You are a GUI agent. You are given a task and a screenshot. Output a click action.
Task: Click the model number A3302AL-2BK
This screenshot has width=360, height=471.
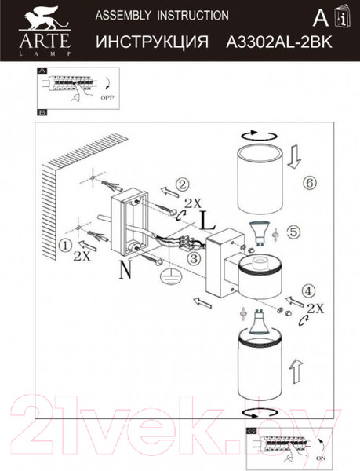279,42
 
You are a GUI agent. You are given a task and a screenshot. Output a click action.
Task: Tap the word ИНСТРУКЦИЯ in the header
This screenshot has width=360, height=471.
152,42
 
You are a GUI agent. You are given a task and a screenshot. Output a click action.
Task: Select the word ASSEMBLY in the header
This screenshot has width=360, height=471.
123,15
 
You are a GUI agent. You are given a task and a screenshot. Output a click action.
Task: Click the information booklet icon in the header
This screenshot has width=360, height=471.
342,17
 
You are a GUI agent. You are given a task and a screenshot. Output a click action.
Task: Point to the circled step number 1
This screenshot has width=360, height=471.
65,246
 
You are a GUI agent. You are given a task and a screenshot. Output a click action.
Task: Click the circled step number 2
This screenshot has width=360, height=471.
182,185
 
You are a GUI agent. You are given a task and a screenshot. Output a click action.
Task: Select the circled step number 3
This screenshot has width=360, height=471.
195,258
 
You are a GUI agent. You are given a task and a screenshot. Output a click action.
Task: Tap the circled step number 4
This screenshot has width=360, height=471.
309,290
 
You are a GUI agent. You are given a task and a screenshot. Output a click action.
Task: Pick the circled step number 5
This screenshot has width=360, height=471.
293,232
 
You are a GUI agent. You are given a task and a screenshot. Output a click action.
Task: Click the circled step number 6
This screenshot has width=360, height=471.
310,182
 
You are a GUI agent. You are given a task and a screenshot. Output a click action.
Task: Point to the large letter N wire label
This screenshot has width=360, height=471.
125,269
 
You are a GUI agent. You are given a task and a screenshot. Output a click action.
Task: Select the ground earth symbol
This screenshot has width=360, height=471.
169,276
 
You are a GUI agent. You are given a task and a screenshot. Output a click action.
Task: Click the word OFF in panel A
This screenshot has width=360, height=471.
107,97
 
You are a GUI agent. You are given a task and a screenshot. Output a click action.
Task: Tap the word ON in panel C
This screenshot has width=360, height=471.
321,458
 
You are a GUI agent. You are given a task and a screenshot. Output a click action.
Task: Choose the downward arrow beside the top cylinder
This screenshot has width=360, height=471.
294,157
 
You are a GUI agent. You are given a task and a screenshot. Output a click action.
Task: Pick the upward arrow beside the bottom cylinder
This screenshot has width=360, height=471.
296,371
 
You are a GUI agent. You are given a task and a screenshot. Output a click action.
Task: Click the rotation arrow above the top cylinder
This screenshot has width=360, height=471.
259,136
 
